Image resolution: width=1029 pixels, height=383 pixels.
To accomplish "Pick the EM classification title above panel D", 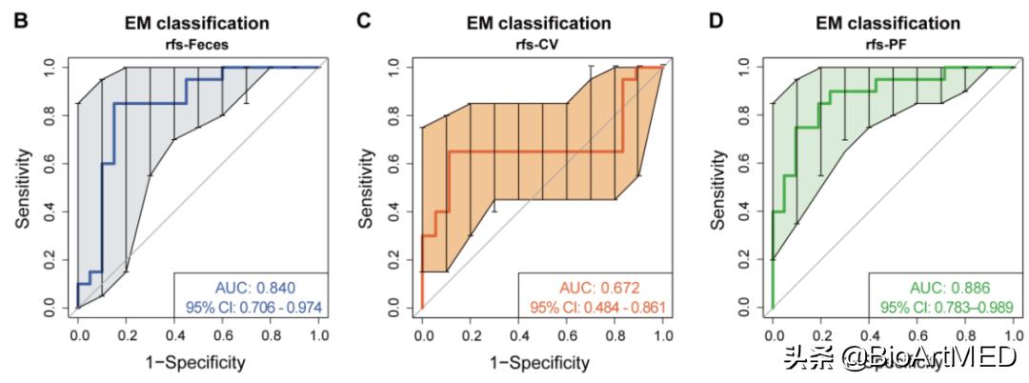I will pos(893,22).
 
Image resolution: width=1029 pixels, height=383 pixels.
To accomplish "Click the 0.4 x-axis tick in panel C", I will pos(518,335).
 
